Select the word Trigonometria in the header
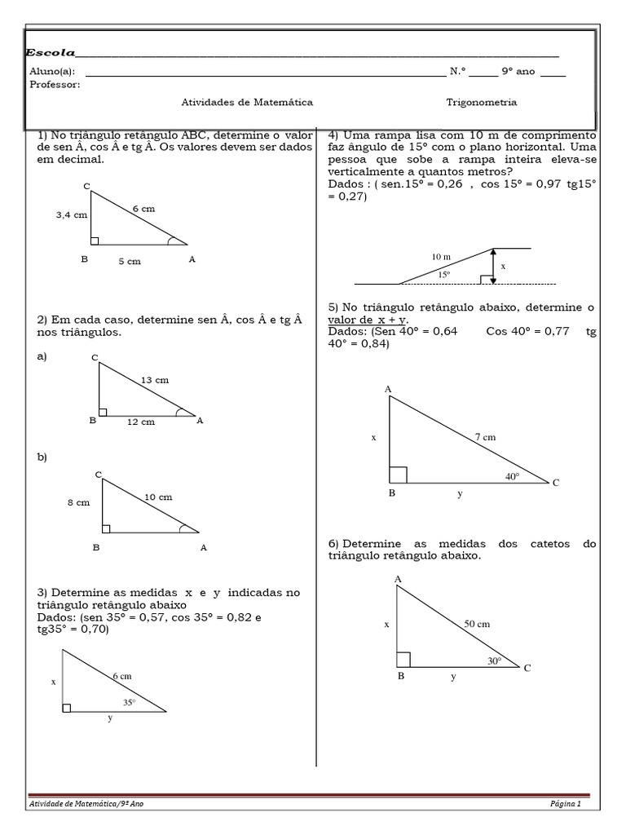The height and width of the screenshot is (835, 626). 481,103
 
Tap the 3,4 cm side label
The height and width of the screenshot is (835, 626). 71,215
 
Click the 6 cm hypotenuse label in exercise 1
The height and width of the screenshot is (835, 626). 143,209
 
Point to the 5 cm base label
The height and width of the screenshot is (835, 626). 129,261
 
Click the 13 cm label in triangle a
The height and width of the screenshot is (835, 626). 154,380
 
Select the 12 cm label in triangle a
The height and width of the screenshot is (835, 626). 140,422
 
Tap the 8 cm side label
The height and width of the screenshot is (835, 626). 78,503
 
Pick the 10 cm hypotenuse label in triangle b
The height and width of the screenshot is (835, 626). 158,497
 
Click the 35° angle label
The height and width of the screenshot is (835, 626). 130,701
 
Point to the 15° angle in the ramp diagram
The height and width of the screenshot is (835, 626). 444,275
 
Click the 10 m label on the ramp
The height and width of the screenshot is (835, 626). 441,256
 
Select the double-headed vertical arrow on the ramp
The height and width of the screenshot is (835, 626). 492,266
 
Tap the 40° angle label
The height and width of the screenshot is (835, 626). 512,476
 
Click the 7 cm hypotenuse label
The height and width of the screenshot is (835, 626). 485,437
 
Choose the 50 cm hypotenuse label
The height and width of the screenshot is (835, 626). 477,624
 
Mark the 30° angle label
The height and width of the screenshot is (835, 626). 495,661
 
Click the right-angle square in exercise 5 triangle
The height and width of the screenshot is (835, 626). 398,475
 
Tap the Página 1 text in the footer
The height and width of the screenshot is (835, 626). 566,804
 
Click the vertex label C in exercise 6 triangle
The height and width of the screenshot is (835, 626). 527,669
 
